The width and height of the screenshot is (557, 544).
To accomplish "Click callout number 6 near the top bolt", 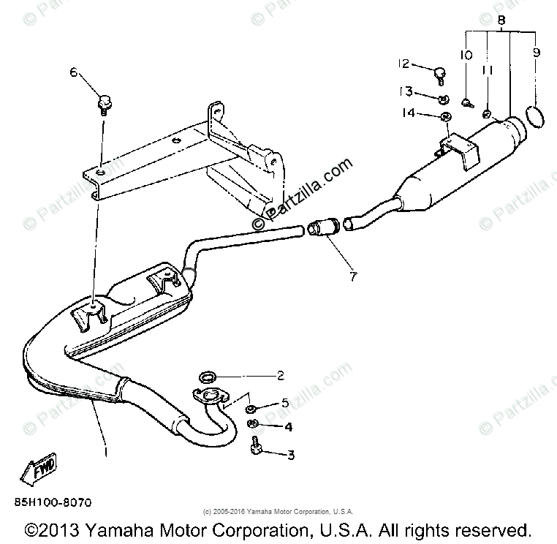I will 73,72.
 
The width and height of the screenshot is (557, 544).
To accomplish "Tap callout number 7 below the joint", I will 353,276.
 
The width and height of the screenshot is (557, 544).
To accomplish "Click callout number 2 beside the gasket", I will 279,377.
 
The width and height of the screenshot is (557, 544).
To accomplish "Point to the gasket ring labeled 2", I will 209,378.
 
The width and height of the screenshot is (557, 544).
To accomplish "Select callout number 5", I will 284,403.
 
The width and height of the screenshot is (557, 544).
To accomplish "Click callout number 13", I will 404,91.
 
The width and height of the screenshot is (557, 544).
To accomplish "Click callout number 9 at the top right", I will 537,53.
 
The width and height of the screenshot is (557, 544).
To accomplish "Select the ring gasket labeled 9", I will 534,116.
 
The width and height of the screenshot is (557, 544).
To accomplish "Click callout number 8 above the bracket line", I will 501,21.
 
